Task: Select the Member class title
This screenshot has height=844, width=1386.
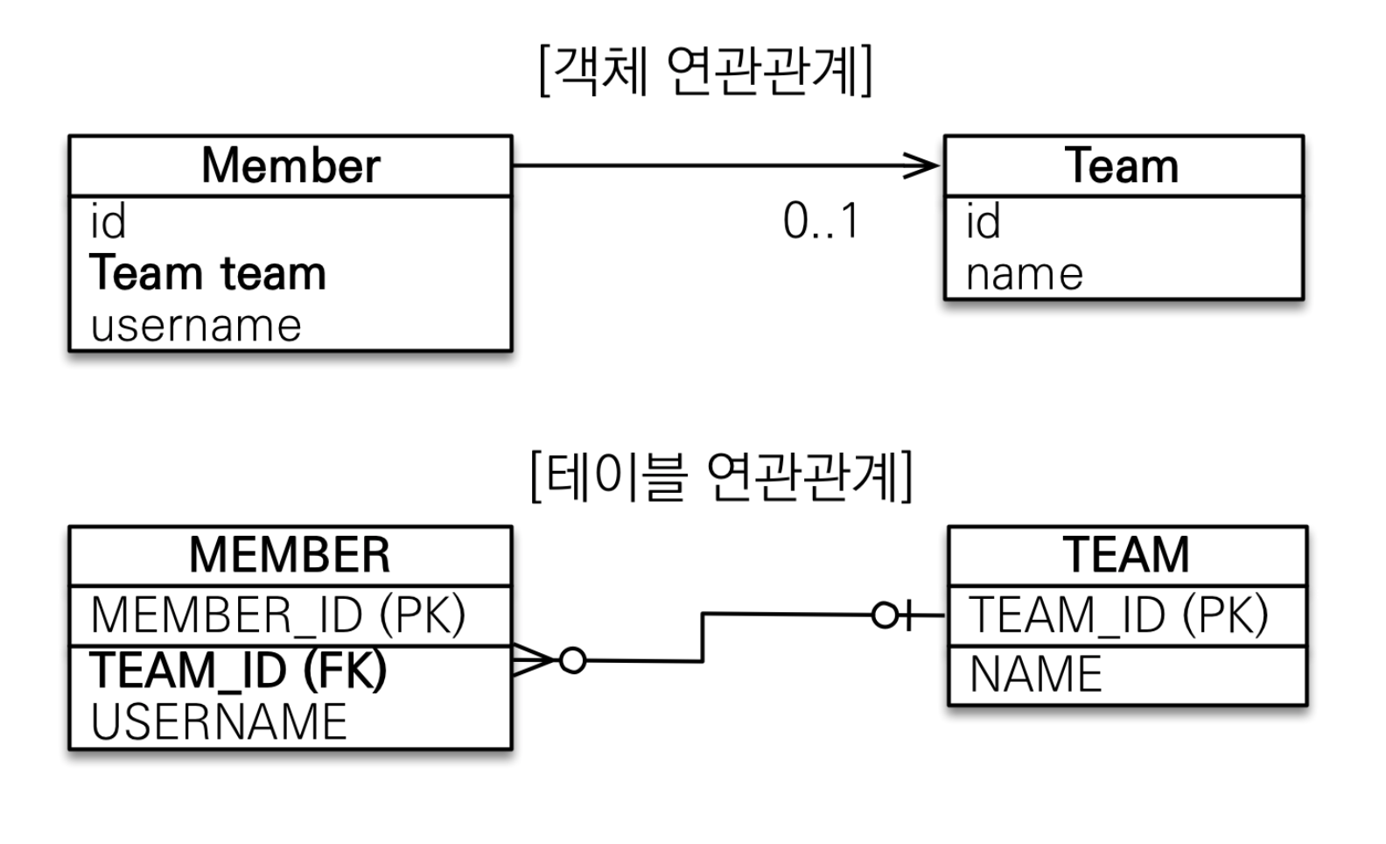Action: pos(290,165)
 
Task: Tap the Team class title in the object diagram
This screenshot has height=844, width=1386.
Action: pos(1122,165)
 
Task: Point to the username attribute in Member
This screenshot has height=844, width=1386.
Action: pos(196,326)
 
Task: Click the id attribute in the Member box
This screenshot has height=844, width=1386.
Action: pos(108,221)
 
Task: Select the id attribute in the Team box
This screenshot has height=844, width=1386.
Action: pos(983,221)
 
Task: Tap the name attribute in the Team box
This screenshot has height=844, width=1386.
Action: pos(1025,274)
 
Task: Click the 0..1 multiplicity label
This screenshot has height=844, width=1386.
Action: pos(821,221)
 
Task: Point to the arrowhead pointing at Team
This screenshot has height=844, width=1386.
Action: pos(923,165)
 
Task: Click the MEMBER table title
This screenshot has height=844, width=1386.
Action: pos(290,555)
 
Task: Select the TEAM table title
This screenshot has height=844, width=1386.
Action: pos(1126,555)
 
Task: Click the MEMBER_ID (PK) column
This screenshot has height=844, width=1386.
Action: pos(278,615)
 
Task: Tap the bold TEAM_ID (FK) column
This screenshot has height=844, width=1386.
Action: pos(239,671)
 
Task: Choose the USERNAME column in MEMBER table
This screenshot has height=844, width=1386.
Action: pos(219,722)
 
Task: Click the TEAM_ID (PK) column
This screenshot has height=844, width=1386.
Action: pos(1119,615)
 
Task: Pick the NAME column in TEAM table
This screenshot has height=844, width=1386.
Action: pos(1035,674)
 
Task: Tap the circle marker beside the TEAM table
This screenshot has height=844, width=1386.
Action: pos(885,615)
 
